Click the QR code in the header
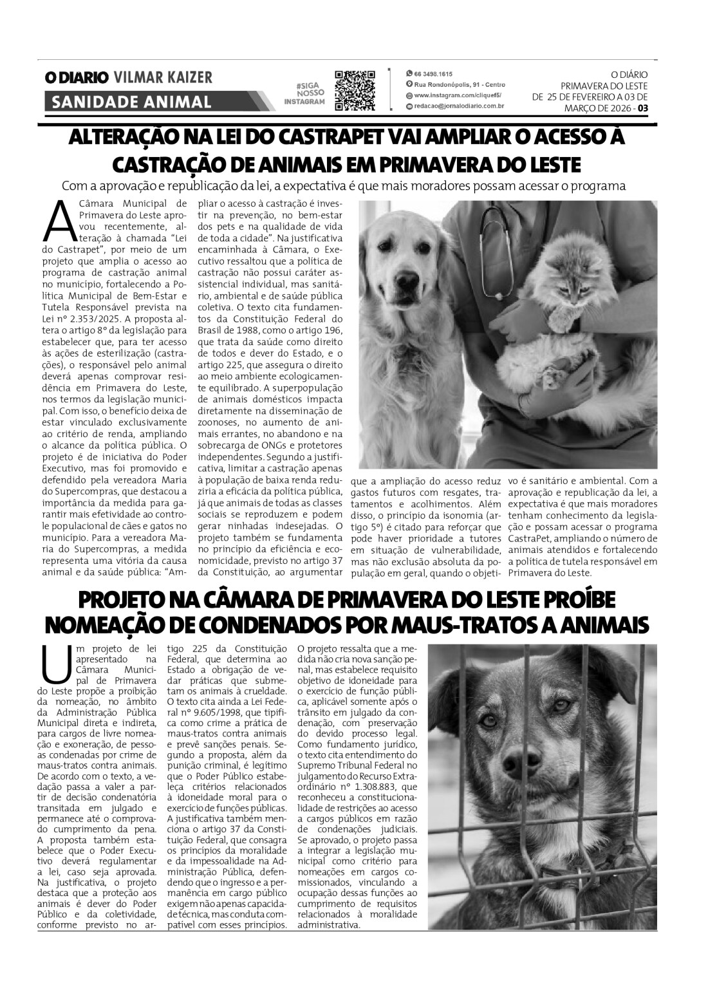tap(355, 91)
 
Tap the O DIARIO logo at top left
tap(76, 78)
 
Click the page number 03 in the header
tap(643, 108)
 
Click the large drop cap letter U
tap(55, 662)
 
